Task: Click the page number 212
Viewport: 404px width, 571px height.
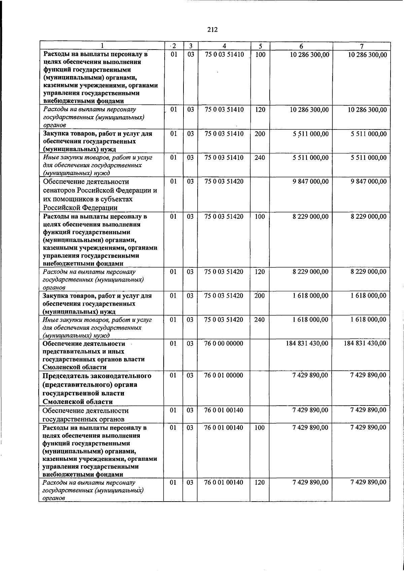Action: [212, 30]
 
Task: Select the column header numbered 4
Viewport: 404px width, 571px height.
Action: [224, 46]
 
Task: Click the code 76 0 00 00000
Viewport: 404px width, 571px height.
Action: [224, 343]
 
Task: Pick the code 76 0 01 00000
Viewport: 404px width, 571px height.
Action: [224, 375]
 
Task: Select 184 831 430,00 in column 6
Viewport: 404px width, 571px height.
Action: [307, 343]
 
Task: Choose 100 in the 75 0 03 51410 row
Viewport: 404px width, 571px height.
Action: [260, 54]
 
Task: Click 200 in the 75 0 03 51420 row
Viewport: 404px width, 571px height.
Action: [260, 296]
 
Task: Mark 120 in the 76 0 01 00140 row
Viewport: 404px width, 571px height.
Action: [260, 482]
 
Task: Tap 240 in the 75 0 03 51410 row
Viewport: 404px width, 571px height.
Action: [260, 157]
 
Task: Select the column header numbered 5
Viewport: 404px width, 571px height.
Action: [260, 46]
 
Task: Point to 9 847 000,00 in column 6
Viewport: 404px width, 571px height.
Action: [310, 181]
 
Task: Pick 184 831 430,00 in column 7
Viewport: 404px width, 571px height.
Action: [365, 343]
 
